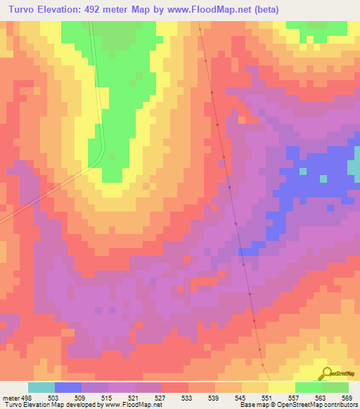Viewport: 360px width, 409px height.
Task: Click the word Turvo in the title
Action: click(22, 10)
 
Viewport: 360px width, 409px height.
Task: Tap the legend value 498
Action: click(27, 397)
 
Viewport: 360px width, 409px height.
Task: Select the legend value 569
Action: click(347, 397)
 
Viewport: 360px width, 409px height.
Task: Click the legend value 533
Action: click(187, 397)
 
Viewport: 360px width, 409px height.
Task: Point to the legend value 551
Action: click(267, 397)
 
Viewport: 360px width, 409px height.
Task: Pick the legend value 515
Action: click(107, 397)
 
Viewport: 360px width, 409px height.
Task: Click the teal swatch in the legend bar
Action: click(41, 387)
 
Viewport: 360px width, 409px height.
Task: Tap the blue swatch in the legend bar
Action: click(68, 387)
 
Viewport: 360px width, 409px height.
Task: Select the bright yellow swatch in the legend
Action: click(282, 387)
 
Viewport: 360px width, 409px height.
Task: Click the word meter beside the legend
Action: click(8, 397)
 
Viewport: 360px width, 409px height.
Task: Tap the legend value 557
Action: click(294, 397)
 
